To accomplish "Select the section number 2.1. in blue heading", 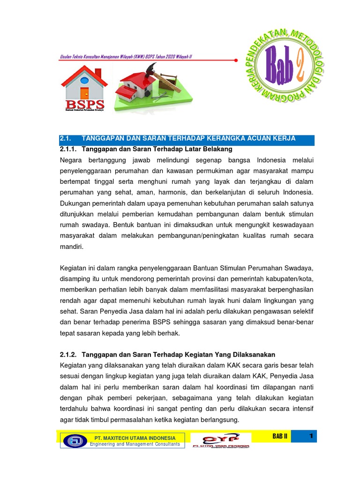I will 65,138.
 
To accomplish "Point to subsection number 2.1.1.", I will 69,149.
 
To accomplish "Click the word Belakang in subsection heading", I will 217,149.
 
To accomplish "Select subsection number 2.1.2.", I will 69,354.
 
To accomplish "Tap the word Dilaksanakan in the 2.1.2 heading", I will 257,354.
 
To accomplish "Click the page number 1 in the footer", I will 310,436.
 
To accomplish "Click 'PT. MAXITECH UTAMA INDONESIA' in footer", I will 135,438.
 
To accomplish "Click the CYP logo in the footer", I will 220,440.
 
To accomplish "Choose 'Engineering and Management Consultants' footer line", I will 135,444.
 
